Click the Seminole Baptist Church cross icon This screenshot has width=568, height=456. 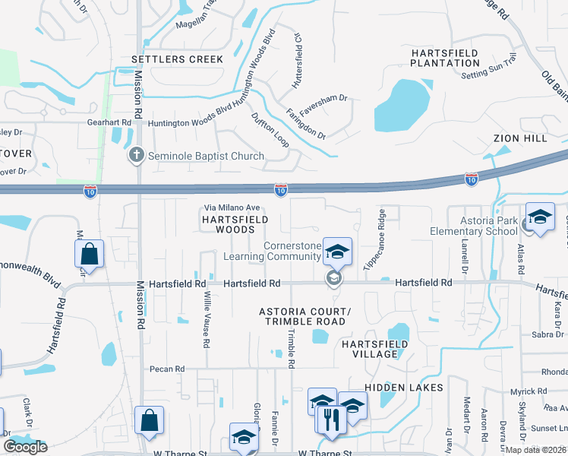pos(137,156)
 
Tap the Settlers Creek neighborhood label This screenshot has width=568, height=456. pos(178,59)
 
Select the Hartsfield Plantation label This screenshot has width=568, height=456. pos(445,58)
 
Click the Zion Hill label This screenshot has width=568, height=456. pos(519,138)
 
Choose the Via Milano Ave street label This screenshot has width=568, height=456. pos(232,207)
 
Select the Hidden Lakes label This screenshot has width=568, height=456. pos(403,388)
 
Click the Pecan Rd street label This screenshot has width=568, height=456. pos(169,369)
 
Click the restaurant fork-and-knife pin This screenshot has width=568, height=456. pos(331,420)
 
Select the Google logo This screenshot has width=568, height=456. pos(25,447)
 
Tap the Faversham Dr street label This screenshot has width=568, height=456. pos(327,98)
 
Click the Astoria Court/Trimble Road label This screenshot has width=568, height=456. pos(305,317)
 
